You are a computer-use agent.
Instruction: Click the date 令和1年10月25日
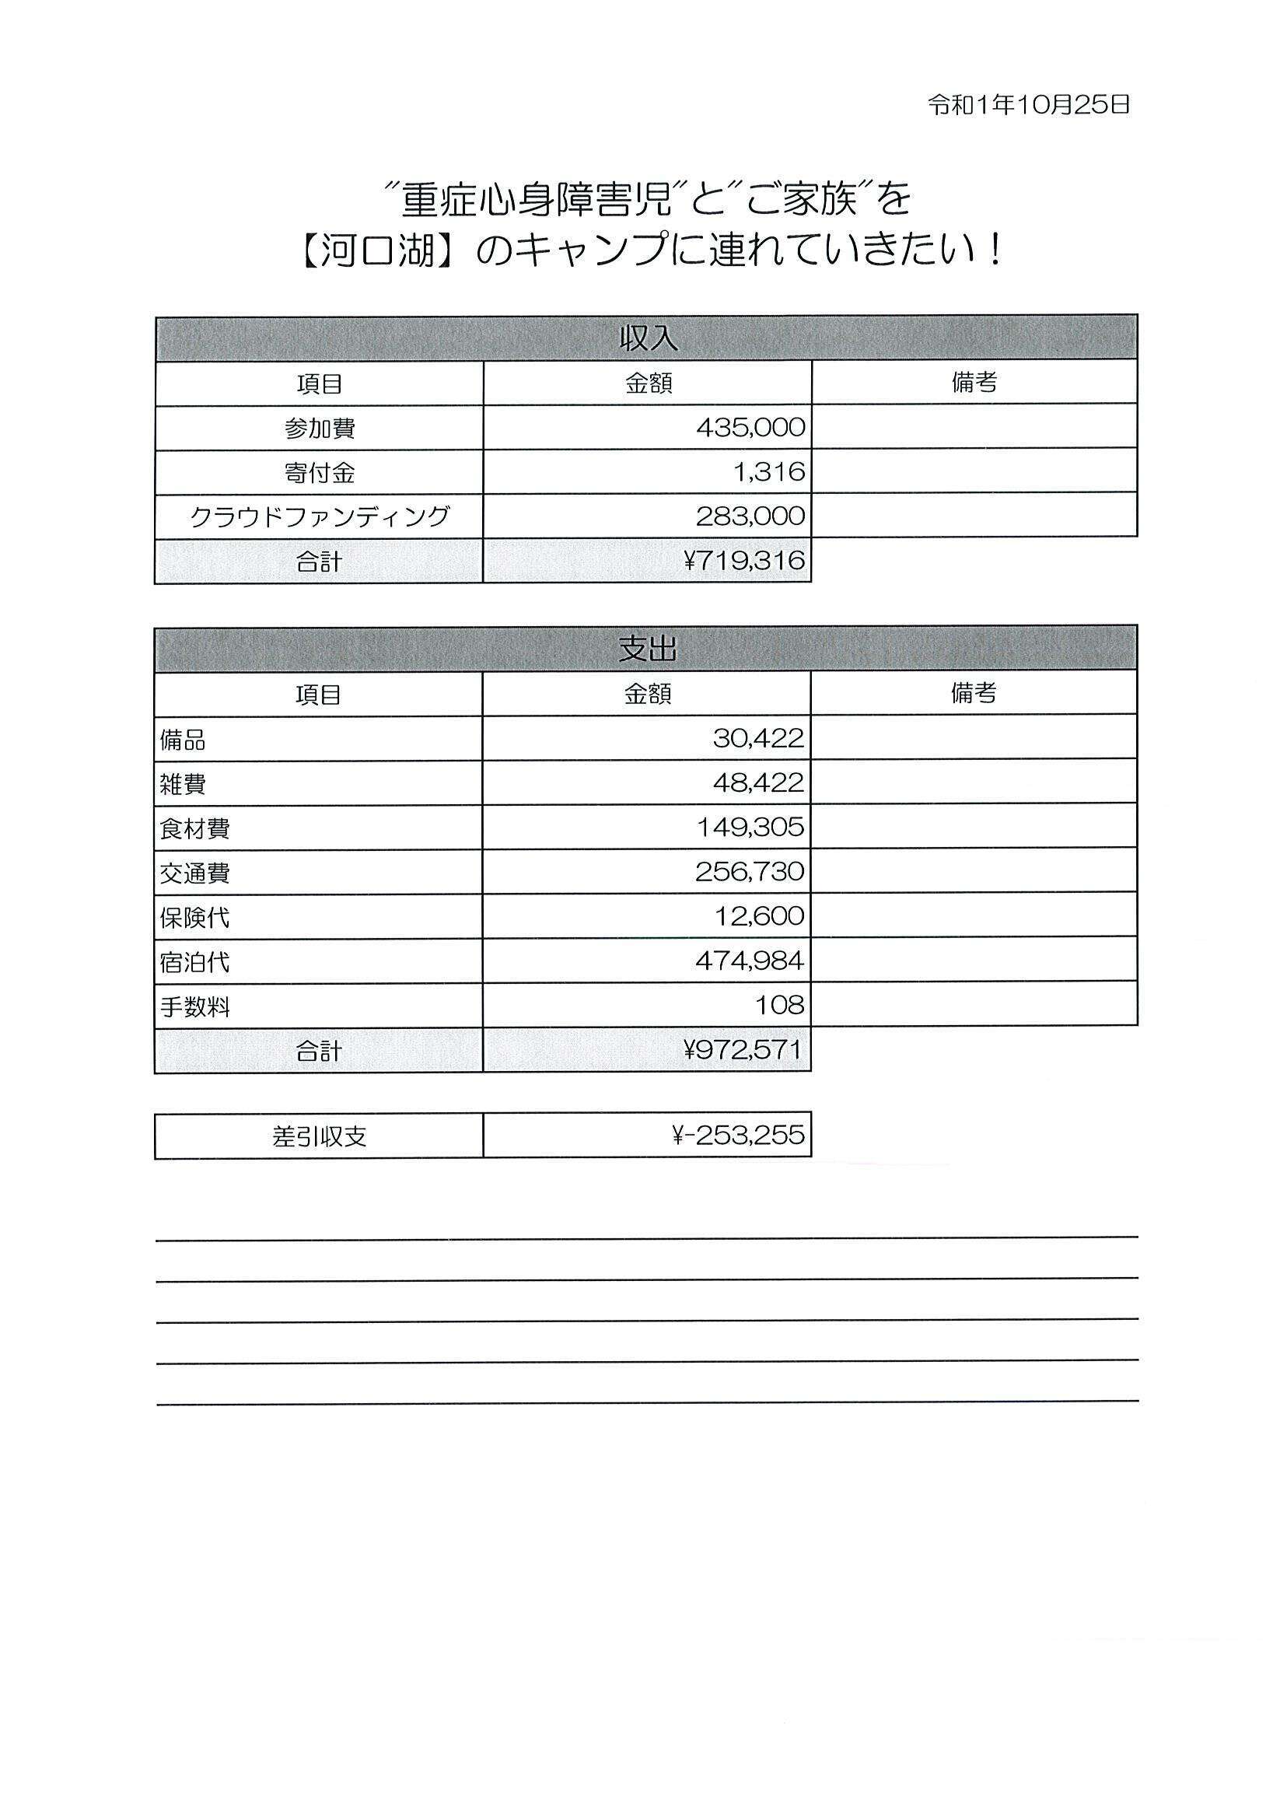[x=1028, y=105]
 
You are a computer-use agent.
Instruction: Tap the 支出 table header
[x=647, y=649]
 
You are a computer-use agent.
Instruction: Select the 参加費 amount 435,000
[x=750, y=428]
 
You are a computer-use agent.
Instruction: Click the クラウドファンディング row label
[x=319, y=516]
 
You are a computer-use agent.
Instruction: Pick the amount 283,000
[x=750, y=516]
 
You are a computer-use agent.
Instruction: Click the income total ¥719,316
[x=743, y=561]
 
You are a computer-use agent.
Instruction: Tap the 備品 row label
[x=183, y=739]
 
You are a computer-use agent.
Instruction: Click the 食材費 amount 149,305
[x=750, y=828]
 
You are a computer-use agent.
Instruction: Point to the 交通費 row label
[x=194, y=873]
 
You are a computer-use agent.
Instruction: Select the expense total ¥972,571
[x=743, y=1049]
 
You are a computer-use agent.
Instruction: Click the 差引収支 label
[x=319, y=1136]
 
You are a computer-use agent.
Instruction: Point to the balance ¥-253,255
[x=737, y=1136]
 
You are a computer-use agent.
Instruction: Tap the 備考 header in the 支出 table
[x=973, y=693]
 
